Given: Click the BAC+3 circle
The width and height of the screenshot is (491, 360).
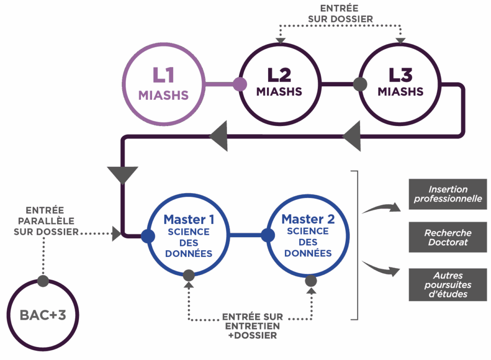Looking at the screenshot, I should (43, 315).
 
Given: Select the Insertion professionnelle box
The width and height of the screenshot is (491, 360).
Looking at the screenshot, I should (448, 194).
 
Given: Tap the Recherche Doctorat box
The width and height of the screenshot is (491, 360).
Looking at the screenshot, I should (448, 237).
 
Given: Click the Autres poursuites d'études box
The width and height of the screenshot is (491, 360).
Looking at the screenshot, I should (448, 285).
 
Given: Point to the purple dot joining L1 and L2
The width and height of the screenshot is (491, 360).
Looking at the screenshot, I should (239, 84).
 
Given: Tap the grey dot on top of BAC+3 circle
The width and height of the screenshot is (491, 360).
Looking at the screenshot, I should (43, 281).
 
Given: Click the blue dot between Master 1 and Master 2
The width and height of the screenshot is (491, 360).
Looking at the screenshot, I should (268, 235).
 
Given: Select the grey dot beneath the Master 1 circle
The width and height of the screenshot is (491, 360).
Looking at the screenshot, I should (188, 276).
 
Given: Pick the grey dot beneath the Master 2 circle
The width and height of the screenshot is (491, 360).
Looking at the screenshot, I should (311, 280).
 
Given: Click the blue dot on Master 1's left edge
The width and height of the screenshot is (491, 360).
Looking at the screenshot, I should (148, 235).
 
